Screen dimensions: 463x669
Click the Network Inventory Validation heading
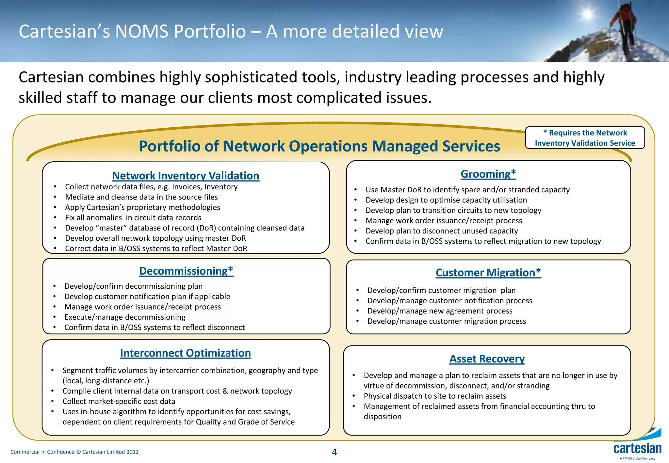click(x=186, y=176)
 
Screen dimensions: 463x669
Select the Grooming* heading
click(x=488, y=174)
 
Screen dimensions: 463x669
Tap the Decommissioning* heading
click(x=186, y=271)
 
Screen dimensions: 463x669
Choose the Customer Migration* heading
click(x=488, y=273)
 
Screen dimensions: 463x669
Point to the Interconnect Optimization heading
click(x=186, y=353)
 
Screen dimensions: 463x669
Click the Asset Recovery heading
click(x=487, y=359)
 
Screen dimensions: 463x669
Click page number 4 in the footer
click(x=334, y=452)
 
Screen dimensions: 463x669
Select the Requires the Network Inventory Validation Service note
click(x=585, y=138)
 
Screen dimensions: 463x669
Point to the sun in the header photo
click(x=587, y=15)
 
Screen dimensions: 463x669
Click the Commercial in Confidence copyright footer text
click(x=74, y=452)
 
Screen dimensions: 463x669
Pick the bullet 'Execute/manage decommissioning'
click(x=125, y=317)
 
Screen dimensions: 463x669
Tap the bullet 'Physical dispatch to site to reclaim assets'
click(x=435, y=396)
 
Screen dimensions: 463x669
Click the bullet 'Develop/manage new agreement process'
click(x=440, y=311)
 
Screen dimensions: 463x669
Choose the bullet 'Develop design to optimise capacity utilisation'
click(x=446, y=200)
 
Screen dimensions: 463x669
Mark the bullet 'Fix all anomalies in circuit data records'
click(x=133, y=218)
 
